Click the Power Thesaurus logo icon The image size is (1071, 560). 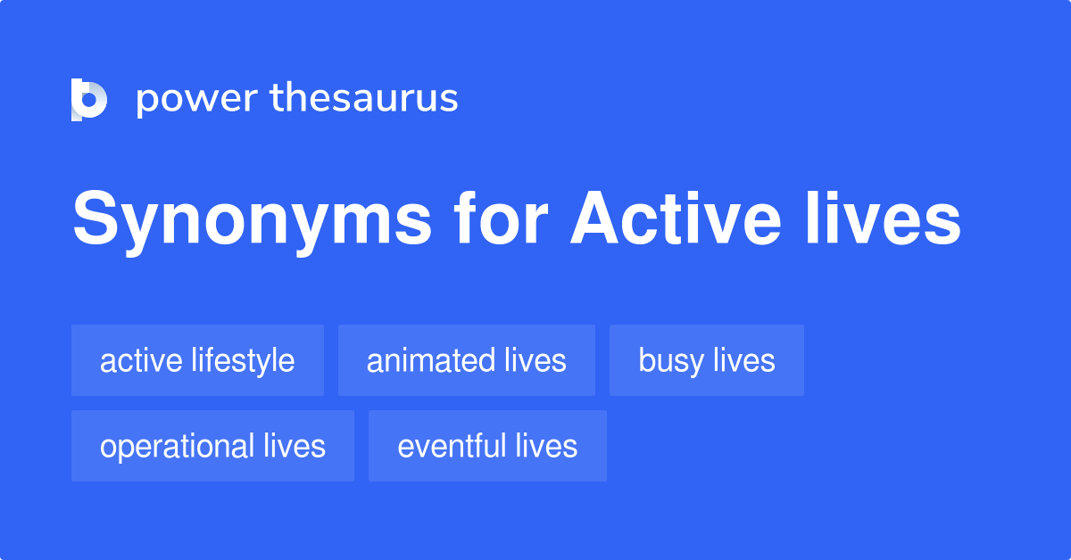[89, 99]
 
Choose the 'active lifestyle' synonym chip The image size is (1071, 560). [197, 360]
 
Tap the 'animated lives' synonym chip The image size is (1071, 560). [466, 360]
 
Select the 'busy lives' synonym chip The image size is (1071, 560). [706, 360]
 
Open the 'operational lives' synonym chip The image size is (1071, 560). [212, 446]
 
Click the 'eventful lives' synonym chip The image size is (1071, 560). [487, 446]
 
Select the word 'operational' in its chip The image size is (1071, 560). [177, 446]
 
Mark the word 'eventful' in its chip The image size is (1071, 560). [452, 446]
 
